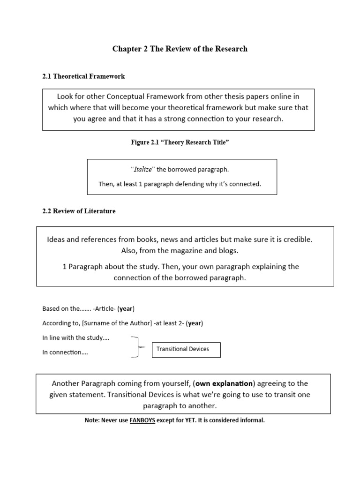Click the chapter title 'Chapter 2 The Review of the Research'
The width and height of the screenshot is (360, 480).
[180, 49]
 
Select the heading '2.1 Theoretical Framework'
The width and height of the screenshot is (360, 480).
[83, 76]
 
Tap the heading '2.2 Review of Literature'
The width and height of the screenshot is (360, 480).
[79, 211]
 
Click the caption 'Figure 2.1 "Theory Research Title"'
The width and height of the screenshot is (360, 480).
[180, 142]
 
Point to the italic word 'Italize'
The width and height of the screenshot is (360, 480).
[143, 170]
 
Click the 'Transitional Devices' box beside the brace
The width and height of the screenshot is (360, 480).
[186, 349]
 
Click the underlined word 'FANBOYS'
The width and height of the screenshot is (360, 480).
[143, 420]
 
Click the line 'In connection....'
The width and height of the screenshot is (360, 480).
[65, 352]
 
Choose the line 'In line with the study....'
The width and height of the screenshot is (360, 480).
[76, 338]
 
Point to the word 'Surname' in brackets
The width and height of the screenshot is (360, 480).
[89, 323]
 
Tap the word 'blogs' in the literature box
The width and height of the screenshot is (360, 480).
[228, 251]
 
